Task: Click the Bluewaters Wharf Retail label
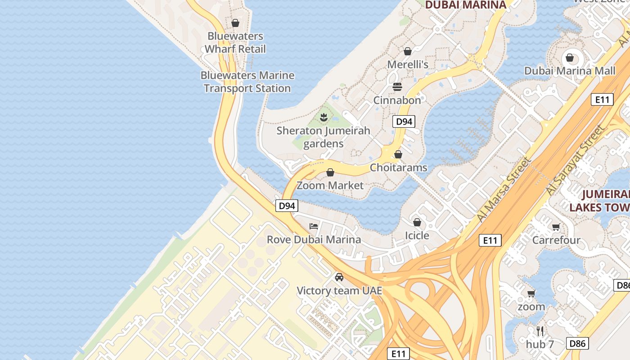(235, 42)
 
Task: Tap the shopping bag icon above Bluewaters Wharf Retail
(235, 23)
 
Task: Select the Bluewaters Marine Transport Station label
(247, 81)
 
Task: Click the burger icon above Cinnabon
(397, 86)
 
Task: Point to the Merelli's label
(408, 64)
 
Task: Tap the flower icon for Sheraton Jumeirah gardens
(323, 118)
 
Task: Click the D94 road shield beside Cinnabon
(403, 121)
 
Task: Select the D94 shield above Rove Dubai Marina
(287, 206)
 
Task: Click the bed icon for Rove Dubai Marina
(314, 226)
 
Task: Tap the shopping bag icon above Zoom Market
(330, 172)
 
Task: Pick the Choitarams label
(398, 167)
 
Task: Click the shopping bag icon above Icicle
(417, 222)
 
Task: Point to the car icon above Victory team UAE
(339, 277)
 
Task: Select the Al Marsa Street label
(504, 189)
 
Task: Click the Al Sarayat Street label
(575, 161)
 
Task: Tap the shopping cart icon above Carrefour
(556, 227)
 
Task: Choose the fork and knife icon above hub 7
(540, 331)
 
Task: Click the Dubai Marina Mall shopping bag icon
(570, 58)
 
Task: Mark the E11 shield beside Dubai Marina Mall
(602, 99)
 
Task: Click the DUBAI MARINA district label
(466, 5)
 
